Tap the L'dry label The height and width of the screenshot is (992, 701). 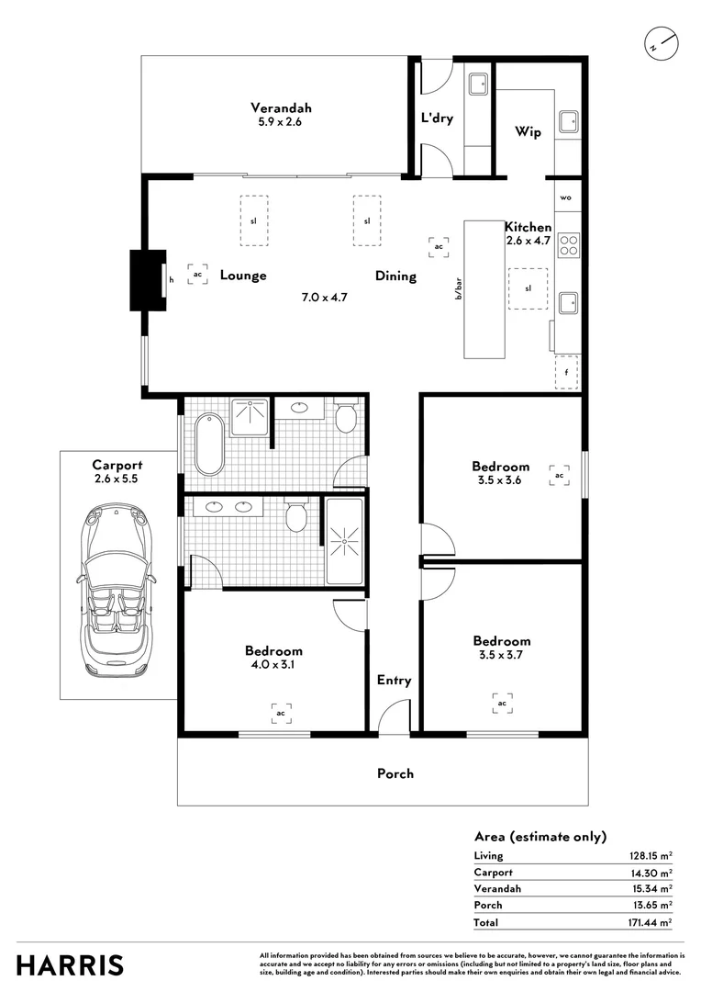437,118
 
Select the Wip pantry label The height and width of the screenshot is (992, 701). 528,132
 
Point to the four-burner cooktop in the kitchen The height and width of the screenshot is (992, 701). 569,245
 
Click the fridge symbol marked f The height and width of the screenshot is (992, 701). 567,372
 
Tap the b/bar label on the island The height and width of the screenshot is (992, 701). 459,290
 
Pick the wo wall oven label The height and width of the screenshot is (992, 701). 566,197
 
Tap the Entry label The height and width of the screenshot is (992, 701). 394,681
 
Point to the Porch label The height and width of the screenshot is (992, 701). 395,773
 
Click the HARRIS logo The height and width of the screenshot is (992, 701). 70,965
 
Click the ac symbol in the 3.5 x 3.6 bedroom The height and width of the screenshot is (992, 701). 559,476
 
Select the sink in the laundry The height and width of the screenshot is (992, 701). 477,85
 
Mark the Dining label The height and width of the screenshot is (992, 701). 395,276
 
